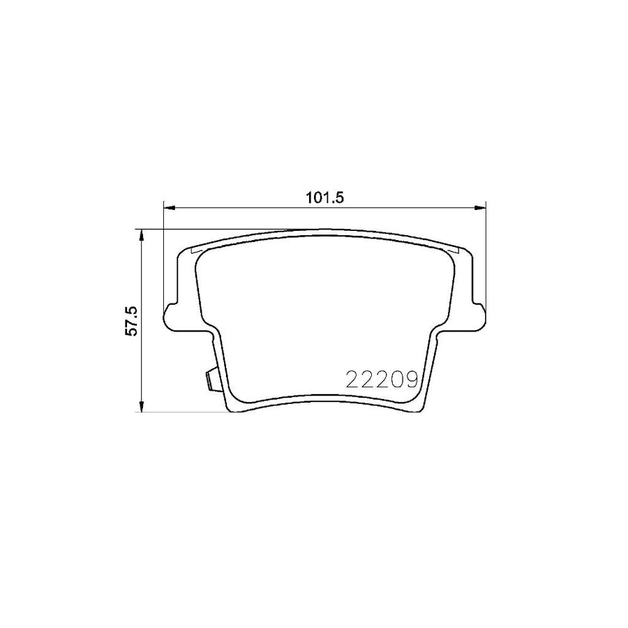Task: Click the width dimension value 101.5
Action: tap(325, 197)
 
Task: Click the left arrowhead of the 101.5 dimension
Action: tap(168, 207)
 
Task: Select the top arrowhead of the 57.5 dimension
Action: tap(142, 234)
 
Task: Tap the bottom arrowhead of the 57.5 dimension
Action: tap(142, 408)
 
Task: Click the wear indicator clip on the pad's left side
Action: tap(209, 380)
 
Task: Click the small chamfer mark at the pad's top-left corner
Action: tap(195, 251)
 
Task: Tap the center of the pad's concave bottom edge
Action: tap(324, 398)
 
